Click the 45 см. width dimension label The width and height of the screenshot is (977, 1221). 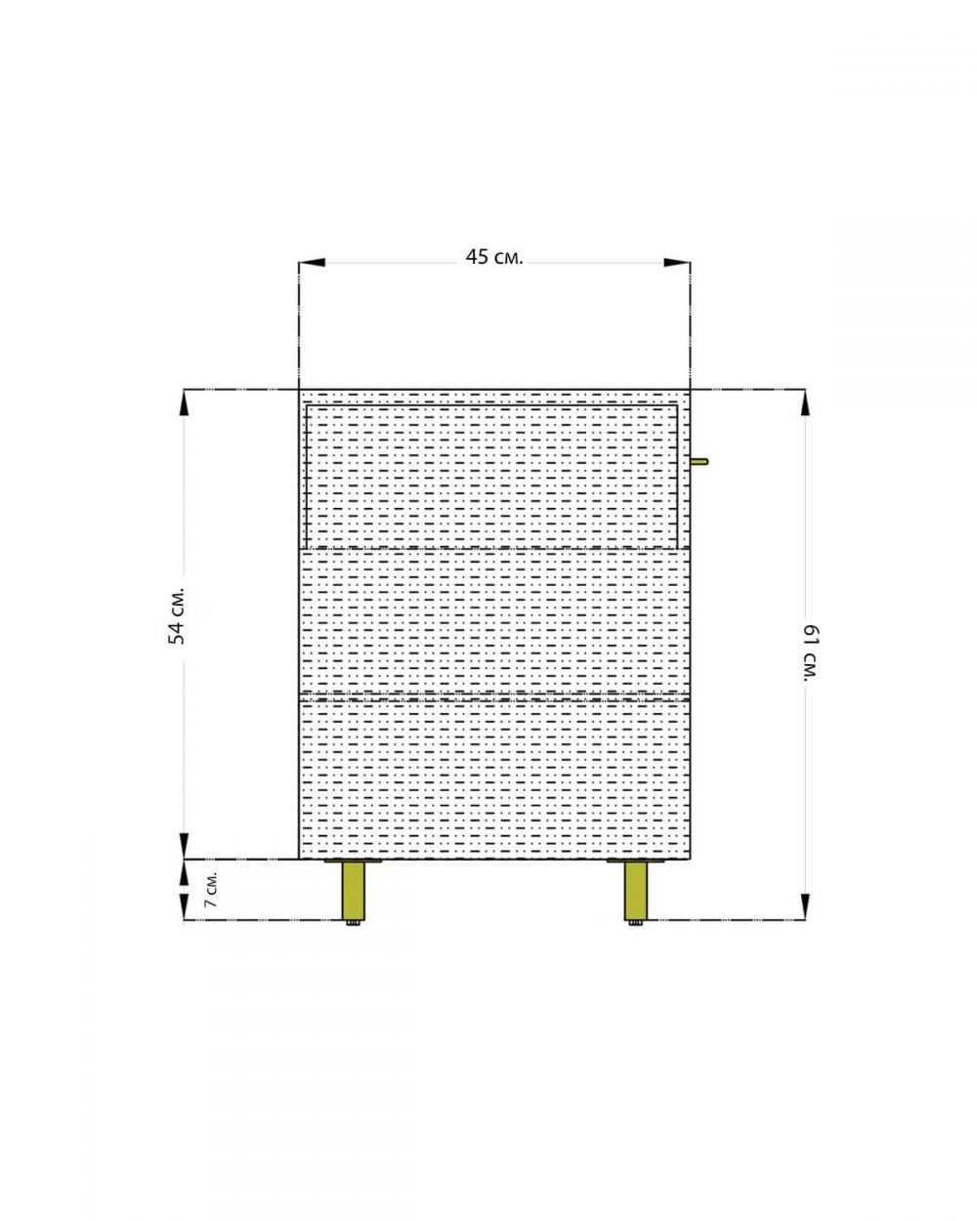494,258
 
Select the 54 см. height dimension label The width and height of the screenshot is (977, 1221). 178,615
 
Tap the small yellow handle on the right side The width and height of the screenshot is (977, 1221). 700,461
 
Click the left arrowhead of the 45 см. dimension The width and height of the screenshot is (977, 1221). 312,262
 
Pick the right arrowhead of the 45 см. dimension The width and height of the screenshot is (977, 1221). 677,262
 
